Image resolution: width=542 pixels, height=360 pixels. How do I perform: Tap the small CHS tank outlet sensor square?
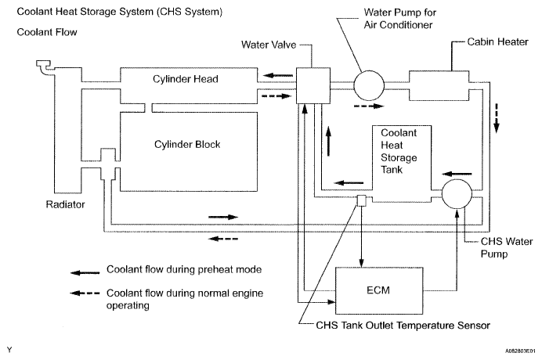click(x=362, y=201)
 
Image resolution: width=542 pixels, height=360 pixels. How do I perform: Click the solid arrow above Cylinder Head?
click(x=273, y=76)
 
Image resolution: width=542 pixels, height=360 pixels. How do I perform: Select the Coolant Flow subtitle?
click(x=49, y=33)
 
